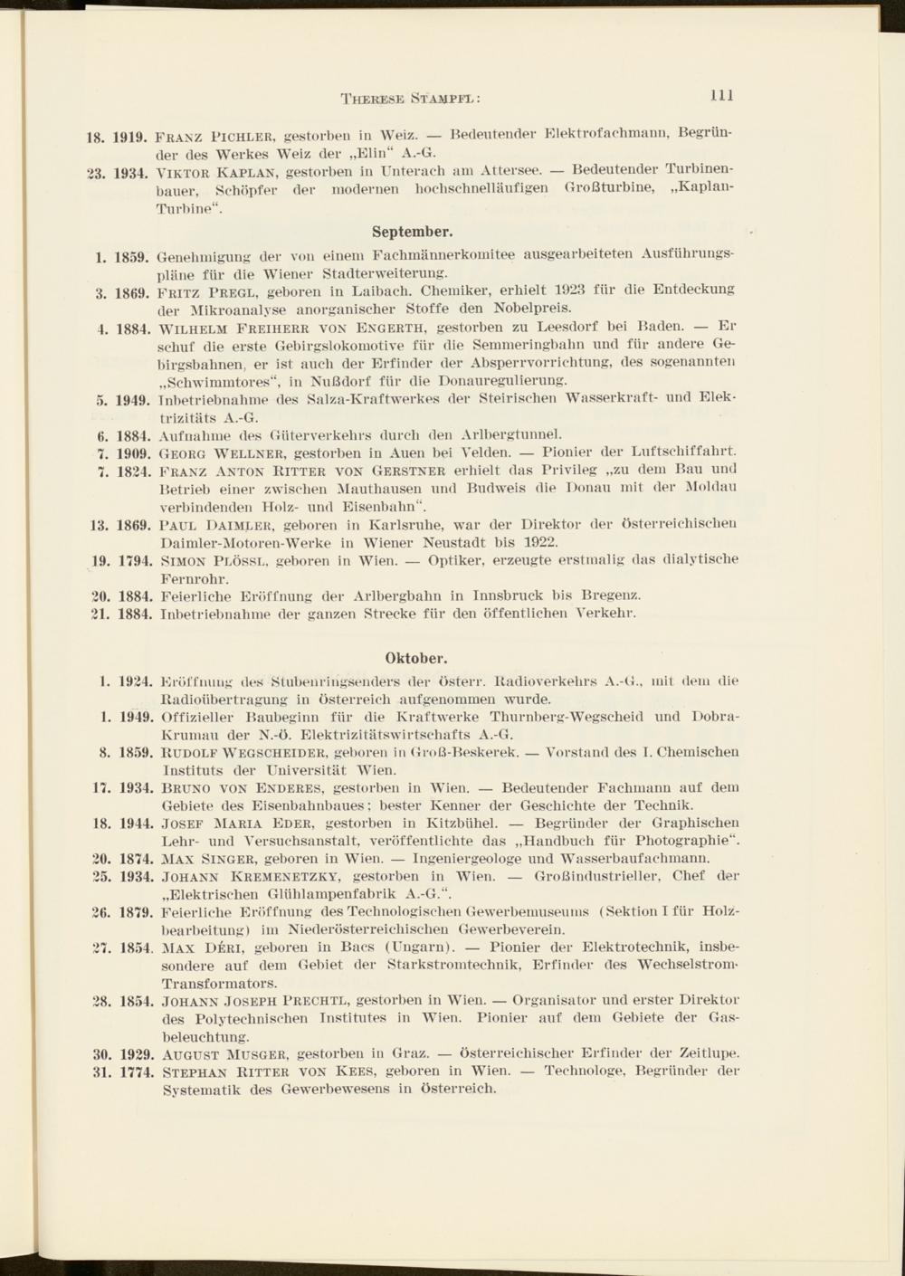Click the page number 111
coord(721,95)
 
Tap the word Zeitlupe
coord(708,1053)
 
